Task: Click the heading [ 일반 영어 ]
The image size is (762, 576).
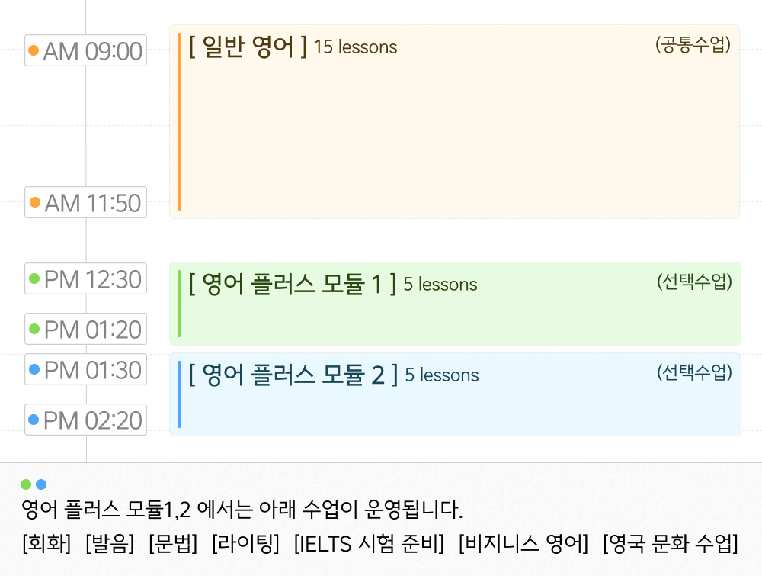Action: tap(248, 47)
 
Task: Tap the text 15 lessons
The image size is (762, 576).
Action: tap(356, 47)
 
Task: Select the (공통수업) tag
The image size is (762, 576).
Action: tap(693, 45)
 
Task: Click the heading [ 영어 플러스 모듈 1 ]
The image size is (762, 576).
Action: tap(293, 284)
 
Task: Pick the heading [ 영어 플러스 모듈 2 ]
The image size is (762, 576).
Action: tap(293, 375)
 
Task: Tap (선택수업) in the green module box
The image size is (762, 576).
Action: tap(694, 282)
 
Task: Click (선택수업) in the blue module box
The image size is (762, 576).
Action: tap(694, 373)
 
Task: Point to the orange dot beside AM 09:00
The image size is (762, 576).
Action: tap(34, 51)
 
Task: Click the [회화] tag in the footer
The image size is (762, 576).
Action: tap(46, 544)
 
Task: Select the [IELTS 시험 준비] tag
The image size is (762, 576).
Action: tap(369, 544)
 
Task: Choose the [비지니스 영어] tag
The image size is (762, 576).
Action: tap(523, 544)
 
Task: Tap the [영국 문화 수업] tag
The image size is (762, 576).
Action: tap(671, 544)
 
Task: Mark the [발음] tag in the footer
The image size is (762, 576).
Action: tap(110, 544)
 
